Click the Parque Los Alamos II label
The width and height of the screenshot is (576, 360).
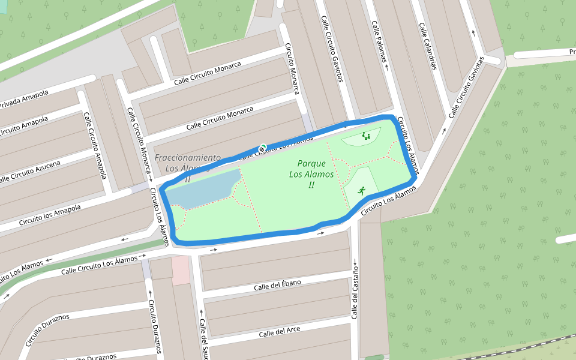pyautogui.click(x=311, y=173)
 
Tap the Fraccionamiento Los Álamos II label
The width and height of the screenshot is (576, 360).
pyautogui.click(x=188, y=163)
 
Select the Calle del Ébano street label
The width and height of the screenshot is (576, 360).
pyautogui.click(x=277, y=286)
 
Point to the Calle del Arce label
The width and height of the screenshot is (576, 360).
pyautogui.click(x=280, y=331)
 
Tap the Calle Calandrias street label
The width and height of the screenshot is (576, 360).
pyautogui.click(x=427, y=46)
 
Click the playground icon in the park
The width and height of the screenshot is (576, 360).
pyautogui.click(x=366, y=136)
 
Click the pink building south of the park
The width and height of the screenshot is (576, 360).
pyautogui.click(x=180, y=271)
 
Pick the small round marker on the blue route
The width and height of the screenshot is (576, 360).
pyautogui.click(x=262, y=148)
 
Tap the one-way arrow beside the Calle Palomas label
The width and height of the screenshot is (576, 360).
pyautogui.click(x=387, y=67)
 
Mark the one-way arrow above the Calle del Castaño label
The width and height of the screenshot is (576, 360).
pyautogui.click(x=355, y=262)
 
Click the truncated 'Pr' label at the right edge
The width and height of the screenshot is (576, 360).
pyautogui.click(x=572, y=52)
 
